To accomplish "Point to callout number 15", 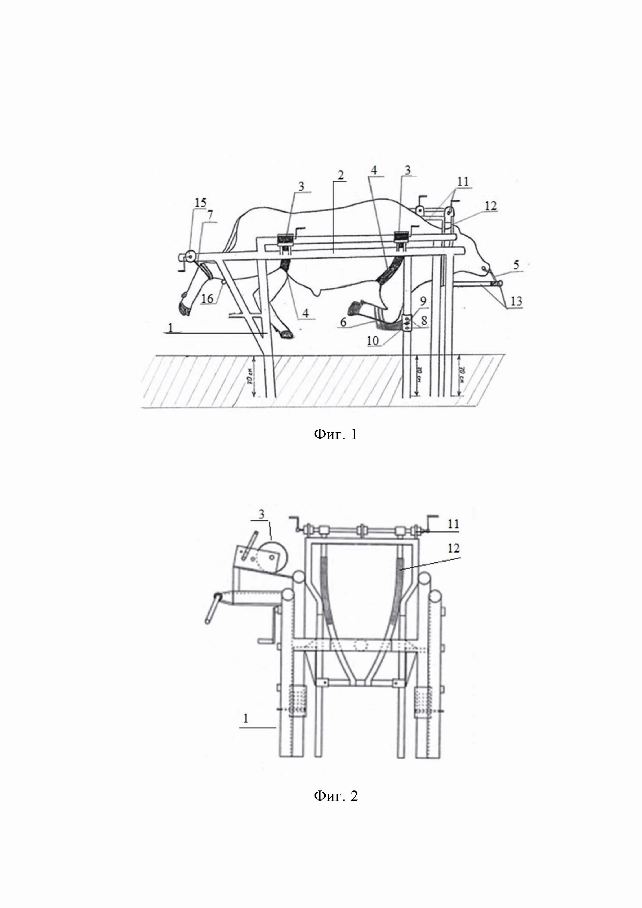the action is (x=200, y=202).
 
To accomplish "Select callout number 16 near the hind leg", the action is (x=207, y=299).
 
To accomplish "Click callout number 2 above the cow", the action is (x=340, y=175).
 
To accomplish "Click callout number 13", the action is (x=516, y=301).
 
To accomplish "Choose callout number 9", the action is (x=423, y=301).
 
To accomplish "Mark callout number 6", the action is (x=343, y=322).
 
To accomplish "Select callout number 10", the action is (x=373, y=340).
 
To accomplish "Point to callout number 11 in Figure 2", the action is (x=453, y=524).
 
